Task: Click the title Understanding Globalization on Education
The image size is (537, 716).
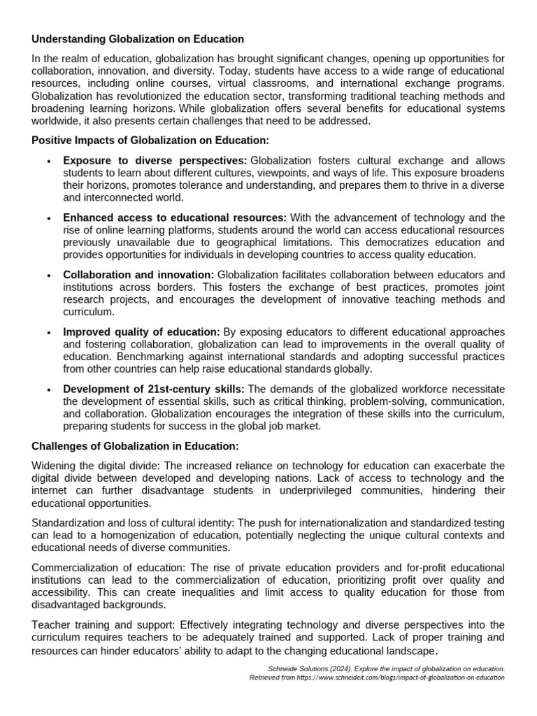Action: [x=138, y=39]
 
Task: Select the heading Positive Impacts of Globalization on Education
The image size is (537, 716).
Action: [x=150, y=141]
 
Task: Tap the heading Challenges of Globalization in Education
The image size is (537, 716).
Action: [x=136, y=446]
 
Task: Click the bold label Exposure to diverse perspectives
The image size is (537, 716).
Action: [x=155, y=161]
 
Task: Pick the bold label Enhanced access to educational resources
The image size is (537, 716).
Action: [x=175, y=217]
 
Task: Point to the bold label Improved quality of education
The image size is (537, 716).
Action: [x=141, y=331]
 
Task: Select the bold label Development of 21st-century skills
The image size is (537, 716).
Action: [x=154, y=389]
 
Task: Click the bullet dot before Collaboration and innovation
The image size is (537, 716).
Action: [x=48, y=275]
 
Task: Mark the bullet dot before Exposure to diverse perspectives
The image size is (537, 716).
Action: [x=48, y=162]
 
